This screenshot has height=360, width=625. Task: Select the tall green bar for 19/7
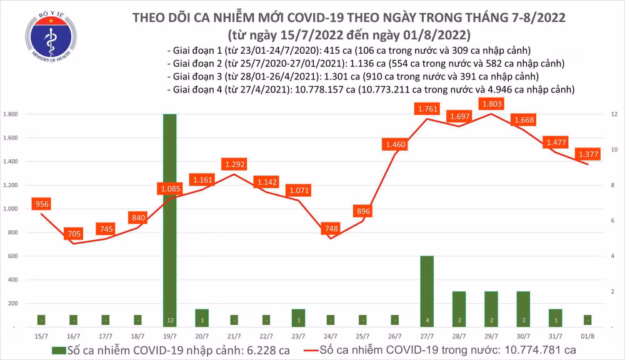pyautogui.click(x=169, y=219)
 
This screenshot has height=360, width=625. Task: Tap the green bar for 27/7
pyautogui.click(x=427, y=291)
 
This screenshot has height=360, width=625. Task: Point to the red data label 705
pyautogui.click(x=74, y=234)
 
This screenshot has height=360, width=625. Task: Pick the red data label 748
pyautogui.click(x=331, y=229)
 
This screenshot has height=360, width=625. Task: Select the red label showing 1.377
pyautogui.click(x=587, y=154)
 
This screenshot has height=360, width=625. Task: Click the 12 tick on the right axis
pyautogui.click(x=615, y=114)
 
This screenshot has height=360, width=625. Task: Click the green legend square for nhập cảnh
pyautogui.click(x=59, y=350)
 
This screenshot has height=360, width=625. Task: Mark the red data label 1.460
pyautogui.click(x=395, y=145)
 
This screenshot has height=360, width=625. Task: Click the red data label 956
pyautogui.click(x=42, y=204)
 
